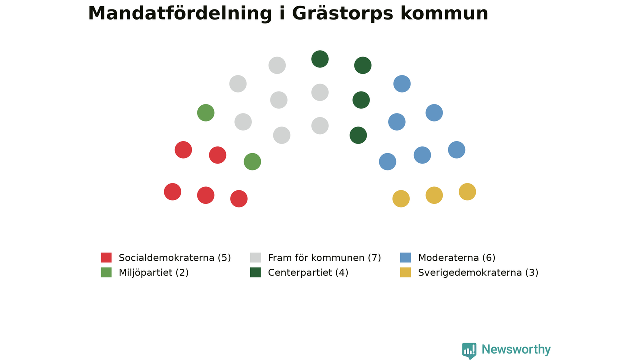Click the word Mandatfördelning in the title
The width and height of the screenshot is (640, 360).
pos(180,14)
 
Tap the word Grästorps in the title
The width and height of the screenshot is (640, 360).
pos(343,14)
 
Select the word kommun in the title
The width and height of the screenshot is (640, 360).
pos(444,14)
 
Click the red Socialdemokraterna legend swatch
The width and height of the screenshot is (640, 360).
pos(106,257)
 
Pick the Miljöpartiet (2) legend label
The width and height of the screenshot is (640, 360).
pos(154,273)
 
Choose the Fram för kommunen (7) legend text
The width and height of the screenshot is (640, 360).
pos(324,258)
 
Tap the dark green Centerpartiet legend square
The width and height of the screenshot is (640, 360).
pos(255,272)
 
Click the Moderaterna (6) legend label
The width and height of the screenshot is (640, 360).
pos(457,258)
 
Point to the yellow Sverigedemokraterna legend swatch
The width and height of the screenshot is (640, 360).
pos(405,272)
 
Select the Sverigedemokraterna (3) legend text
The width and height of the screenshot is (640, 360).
pos(478,273)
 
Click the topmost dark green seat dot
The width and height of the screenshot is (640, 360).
pos(320,59)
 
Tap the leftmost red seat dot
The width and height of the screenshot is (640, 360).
pos(172,192)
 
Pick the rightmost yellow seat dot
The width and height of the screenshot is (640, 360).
pos(467,192)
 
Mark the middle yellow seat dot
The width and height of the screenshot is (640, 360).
pos(434,195)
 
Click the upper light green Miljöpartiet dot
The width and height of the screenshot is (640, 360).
pos(205,113)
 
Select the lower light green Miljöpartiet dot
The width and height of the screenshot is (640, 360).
pos(252,161)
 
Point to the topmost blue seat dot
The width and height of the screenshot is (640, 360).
pos(402,84)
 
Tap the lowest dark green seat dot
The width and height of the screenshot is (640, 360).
pos(358,135)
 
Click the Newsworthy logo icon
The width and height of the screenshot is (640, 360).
pos(469,351)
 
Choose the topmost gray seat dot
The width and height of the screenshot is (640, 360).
pos(277,65)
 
